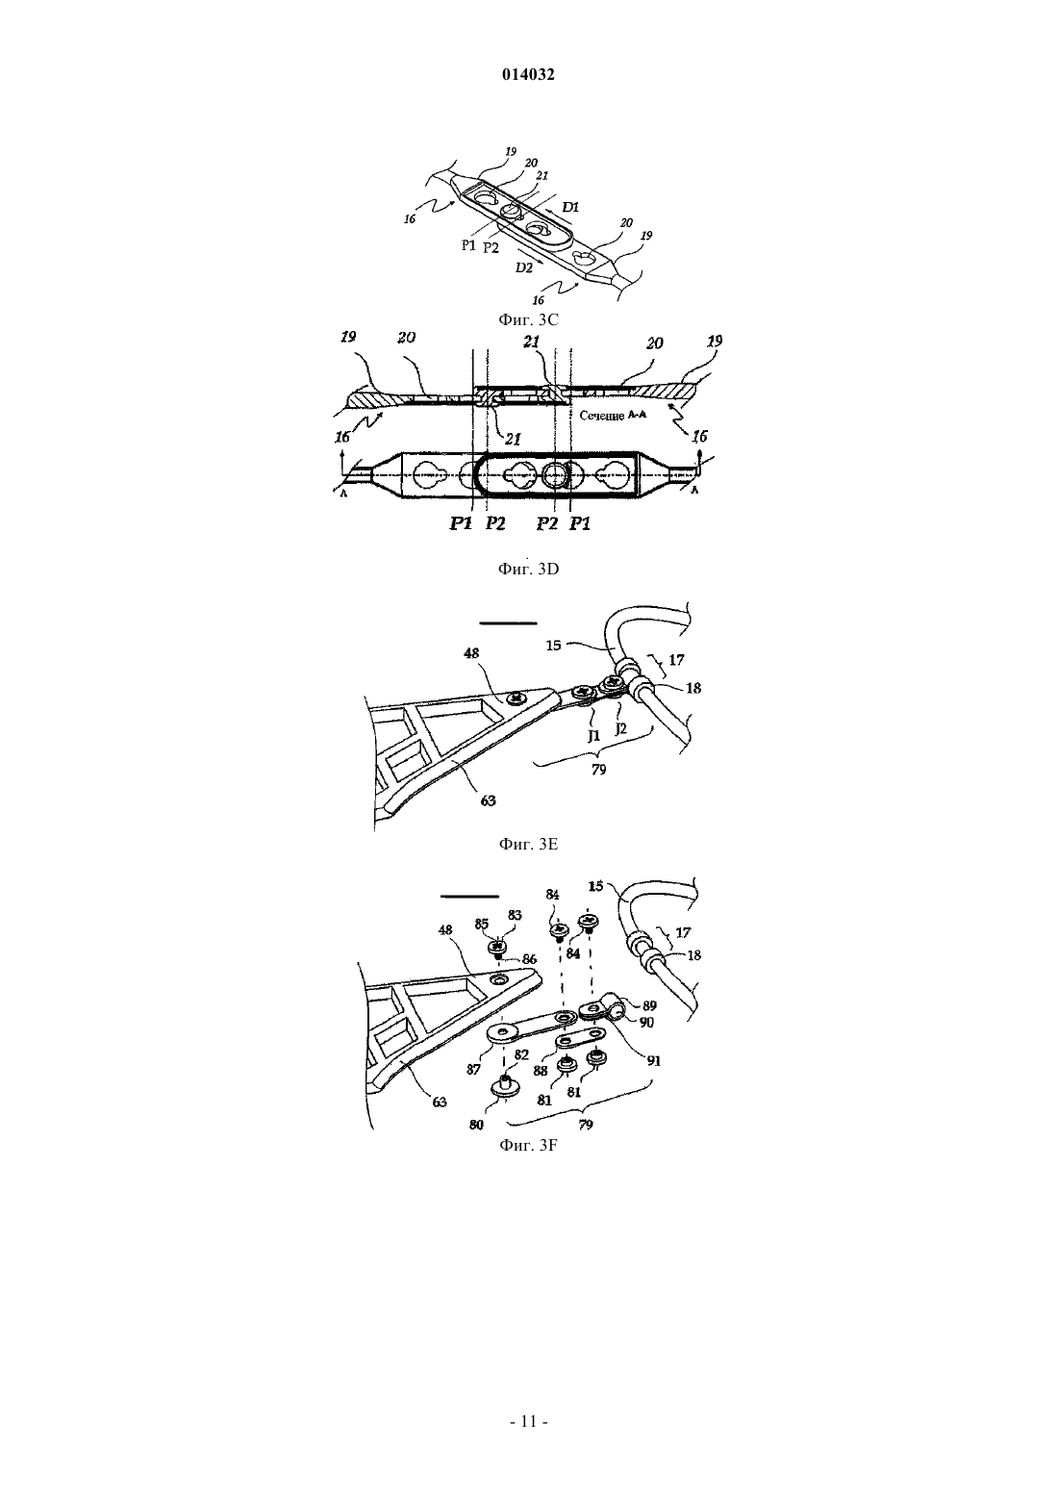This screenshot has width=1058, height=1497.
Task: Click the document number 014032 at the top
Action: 528,75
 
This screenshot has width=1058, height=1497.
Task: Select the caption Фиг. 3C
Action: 528,319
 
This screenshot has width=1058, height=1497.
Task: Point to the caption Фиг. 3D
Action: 528,570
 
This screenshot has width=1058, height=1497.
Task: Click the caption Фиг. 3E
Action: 528,844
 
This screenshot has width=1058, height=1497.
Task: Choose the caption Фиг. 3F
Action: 528,1146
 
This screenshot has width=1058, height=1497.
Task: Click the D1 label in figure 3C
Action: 569,207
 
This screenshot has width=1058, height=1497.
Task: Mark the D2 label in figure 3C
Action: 523,267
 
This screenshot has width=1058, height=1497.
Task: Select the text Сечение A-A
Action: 613,416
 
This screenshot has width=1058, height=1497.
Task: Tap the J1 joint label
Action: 593,736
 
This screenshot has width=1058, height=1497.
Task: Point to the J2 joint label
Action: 620,728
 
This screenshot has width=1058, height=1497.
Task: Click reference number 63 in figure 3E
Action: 489,799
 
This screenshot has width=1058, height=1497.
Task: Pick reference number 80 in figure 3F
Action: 476,1125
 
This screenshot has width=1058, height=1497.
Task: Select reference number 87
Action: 473,1069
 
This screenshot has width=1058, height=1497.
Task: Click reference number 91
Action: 654,1060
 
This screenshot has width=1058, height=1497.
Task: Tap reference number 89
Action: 649,1005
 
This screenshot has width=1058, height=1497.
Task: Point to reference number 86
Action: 529,959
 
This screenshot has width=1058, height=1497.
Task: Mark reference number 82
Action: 521,1054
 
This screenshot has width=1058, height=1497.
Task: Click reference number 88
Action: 541,1070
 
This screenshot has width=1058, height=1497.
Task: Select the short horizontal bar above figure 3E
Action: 508,622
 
